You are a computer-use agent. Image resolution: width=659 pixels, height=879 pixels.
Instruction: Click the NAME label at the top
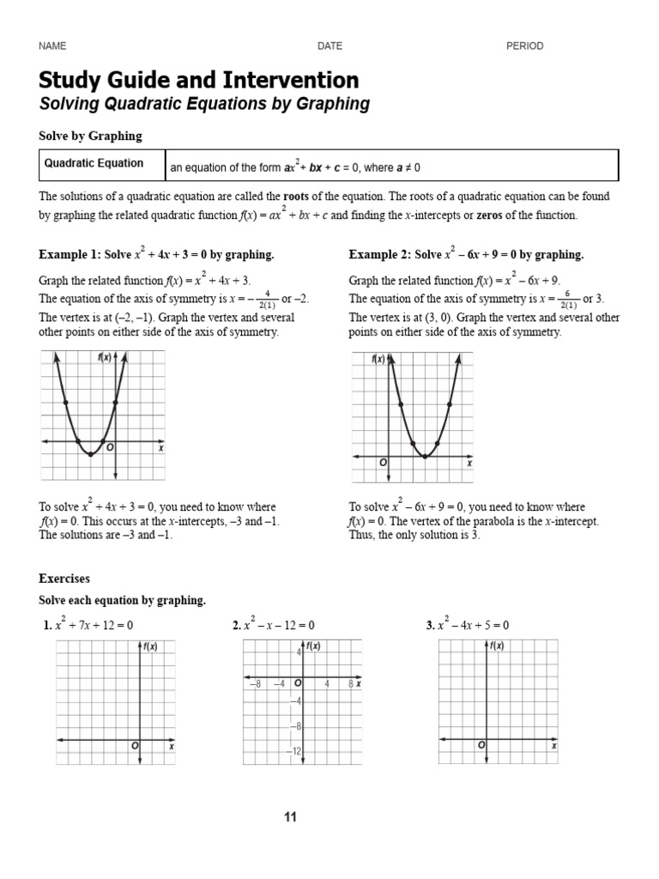51,46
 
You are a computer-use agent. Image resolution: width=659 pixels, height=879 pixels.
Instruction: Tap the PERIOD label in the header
524,46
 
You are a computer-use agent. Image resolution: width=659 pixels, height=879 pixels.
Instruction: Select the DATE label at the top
329,46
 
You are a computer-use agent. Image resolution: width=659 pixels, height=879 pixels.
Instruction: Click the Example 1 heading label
70,255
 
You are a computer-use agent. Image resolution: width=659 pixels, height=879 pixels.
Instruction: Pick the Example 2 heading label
379,255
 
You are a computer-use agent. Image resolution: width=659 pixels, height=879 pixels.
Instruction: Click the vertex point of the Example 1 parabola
91,454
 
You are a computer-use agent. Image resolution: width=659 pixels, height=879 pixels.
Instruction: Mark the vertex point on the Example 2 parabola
426,457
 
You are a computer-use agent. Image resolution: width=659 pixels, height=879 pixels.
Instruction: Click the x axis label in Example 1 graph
160,448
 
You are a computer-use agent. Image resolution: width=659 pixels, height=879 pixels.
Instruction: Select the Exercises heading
64,579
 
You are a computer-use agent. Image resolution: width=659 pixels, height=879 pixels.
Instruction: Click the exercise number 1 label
47,626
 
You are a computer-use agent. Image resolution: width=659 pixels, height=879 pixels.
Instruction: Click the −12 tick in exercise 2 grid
296,751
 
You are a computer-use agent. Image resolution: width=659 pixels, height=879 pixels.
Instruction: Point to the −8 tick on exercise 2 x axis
255,683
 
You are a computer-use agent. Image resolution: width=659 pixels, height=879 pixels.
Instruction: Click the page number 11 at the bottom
290,817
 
